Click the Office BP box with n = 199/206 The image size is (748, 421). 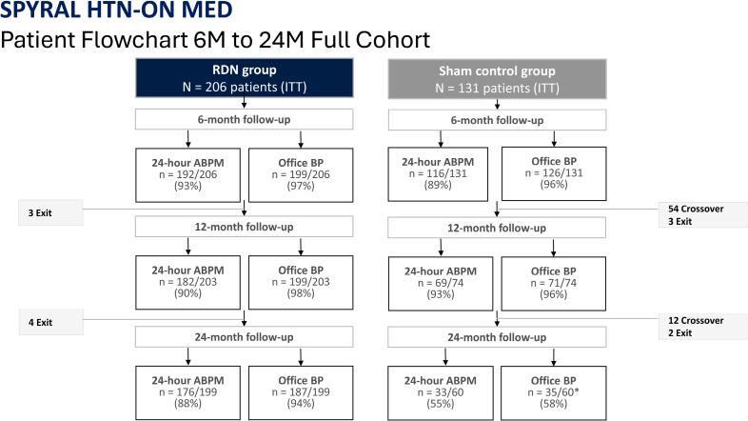click(x=300, y=174)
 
